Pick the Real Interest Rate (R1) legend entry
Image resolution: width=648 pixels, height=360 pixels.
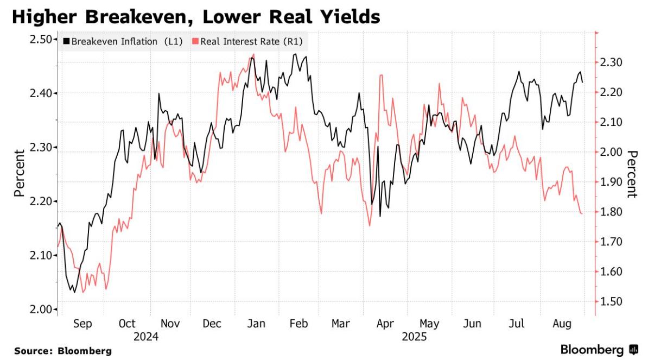(247, 41)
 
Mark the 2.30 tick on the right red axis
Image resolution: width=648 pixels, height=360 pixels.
(614, 62)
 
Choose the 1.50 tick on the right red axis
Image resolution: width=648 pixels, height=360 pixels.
(614, 302)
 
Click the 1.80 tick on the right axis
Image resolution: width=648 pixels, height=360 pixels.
(614, 212)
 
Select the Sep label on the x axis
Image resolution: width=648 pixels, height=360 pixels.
(82, 324)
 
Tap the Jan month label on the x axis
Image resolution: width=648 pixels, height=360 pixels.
(256, 324)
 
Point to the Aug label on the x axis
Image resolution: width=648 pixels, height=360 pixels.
(562, 324)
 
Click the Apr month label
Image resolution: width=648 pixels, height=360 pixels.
(385, 324)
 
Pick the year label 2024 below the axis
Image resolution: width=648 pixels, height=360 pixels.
(147, 337)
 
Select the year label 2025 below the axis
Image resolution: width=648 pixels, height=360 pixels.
(415, 337)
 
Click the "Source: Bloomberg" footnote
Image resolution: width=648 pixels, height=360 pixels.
(63, 351)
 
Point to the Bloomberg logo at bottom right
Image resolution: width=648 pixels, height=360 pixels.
(599, 349)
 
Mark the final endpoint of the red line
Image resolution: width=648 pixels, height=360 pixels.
(582, 213)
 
